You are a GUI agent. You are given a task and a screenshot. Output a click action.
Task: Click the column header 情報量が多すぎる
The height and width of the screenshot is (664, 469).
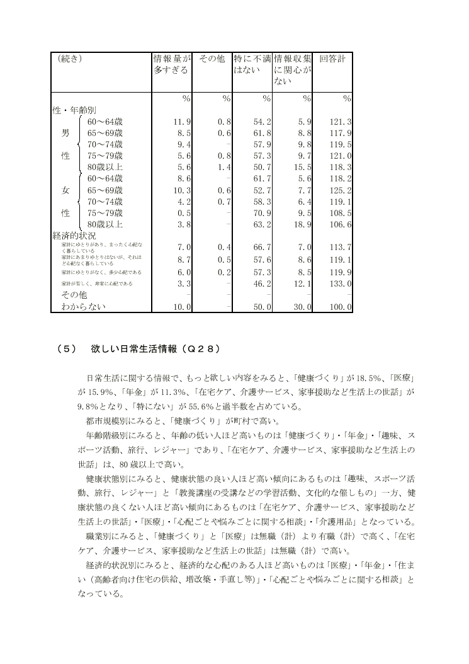coord(171,64)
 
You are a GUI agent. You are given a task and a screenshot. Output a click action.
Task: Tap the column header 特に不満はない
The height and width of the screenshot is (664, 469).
coord(251,64)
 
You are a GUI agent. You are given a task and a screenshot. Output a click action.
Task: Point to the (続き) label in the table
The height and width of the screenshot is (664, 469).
coord(70,59)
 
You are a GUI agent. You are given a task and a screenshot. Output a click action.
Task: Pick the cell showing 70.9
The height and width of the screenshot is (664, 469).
coord(260,212)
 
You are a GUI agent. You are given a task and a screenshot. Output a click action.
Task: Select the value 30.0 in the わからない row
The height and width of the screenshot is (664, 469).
coord(301,307)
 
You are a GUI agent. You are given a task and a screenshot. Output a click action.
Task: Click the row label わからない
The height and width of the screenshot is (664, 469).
coord(82,307)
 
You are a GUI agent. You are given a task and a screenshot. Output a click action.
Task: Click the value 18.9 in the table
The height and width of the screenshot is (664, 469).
coord(301,224)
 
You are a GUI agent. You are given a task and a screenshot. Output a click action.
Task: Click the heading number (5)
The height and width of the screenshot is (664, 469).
coord(65,348)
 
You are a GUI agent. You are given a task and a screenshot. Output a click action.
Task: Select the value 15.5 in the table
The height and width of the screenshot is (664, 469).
coord(301,167)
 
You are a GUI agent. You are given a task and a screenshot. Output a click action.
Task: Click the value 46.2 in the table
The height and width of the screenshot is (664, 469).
coord(260,284)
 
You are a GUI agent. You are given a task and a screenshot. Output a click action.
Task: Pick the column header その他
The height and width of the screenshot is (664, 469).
coord(212,59)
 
